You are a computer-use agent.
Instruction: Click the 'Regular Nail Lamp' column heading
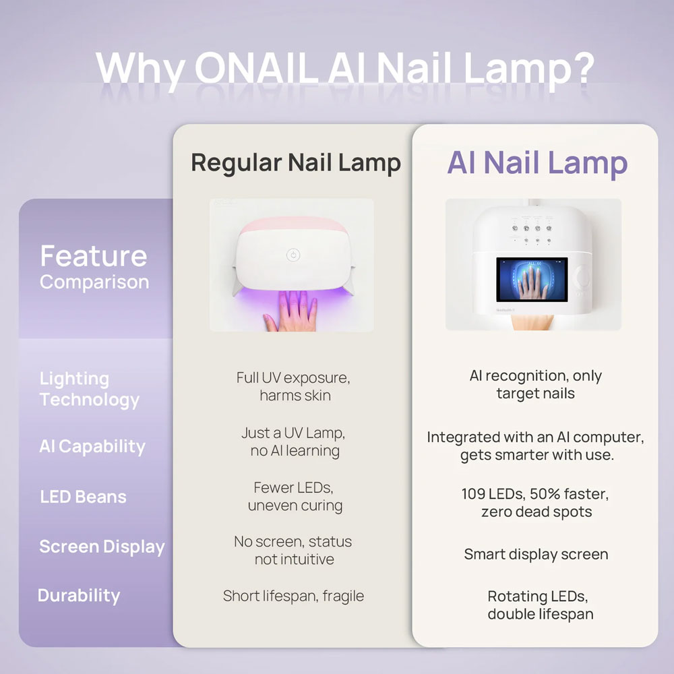point(295,162)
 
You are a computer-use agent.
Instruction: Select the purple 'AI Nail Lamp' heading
point(537,162)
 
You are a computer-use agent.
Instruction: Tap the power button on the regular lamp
point(292,255)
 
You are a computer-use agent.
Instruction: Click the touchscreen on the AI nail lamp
point(532,279)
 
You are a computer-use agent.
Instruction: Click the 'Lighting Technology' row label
point(89,389)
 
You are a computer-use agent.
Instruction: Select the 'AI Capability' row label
point(92,446)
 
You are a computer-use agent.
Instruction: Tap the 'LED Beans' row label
point(83,497)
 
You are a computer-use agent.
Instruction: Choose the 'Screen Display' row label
point(101,547)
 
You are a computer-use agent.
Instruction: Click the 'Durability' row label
point(79,596)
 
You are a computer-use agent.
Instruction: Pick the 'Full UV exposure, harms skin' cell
point(294,386)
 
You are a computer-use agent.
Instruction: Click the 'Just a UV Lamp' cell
point(294,441)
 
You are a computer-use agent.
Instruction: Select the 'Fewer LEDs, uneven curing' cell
point(294,496)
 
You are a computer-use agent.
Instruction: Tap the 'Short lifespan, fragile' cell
point(293,596)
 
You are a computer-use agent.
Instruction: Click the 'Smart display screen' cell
point(536,554)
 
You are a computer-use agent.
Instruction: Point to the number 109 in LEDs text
point(473,494)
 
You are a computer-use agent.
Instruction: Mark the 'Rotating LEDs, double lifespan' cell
point(536,605)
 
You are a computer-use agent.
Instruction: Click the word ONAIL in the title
point(256,67)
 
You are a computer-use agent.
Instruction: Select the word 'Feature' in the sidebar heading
point(93,256)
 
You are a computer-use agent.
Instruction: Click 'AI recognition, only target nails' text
point(536,384)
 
